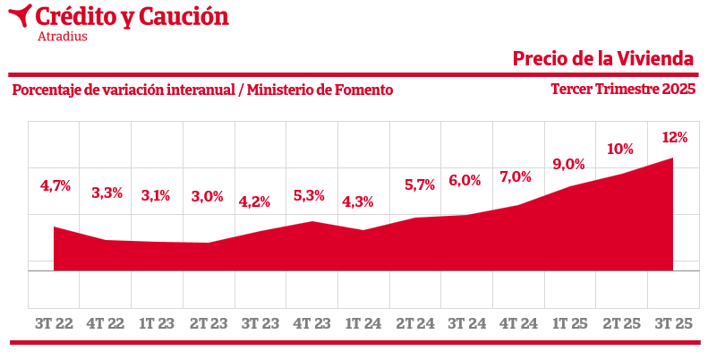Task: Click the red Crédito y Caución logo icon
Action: [21, 15]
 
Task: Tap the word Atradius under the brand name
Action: [63, 37]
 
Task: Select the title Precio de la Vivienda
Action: [603, 59]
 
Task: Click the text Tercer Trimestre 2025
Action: [623, 90]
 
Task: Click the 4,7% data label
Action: [55, 186]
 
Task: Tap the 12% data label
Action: [674, 138]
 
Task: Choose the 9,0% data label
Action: [568, 164]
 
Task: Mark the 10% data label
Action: [620, 149]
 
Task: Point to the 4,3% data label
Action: [358, 201]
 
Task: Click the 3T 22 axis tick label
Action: [54, 321]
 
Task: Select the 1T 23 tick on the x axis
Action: [157, 321]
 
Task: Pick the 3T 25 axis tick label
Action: [674, 321]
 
